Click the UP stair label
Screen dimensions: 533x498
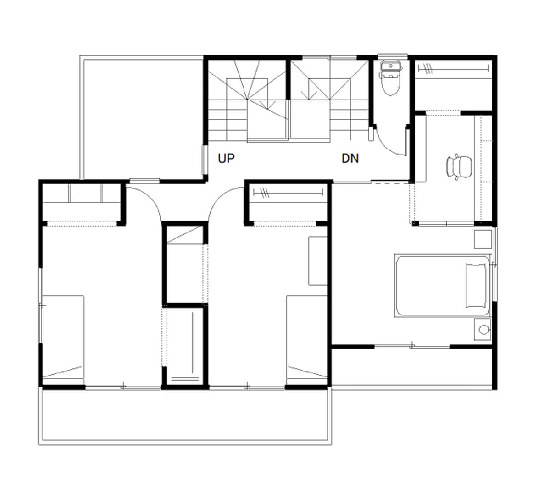click(226, 158)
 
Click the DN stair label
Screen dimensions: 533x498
click(350, 158)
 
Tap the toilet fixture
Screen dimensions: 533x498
click(390, 78)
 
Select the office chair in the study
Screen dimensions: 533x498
click(459, 166)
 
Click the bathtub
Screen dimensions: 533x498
click(442, 286)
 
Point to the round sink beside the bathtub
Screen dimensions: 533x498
click(483, 329)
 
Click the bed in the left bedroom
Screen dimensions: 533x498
click(63, 337)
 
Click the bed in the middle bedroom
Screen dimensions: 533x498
click(307, 337)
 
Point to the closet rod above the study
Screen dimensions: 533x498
click(453, 68)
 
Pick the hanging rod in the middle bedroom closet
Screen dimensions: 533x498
click(288, 194)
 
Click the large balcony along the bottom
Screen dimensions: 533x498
click(185, 416)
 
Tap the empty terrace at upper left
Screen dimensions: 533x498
click(143, 117)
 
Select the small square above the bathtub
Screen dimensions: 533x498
click(483, 239)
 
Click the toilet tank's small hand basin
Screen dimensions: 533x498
click(391, 66)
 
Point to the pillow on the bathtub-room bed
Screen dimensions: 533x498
click(476, 286)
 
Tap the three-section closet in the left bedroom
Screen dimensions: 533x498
click(81, 194)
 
